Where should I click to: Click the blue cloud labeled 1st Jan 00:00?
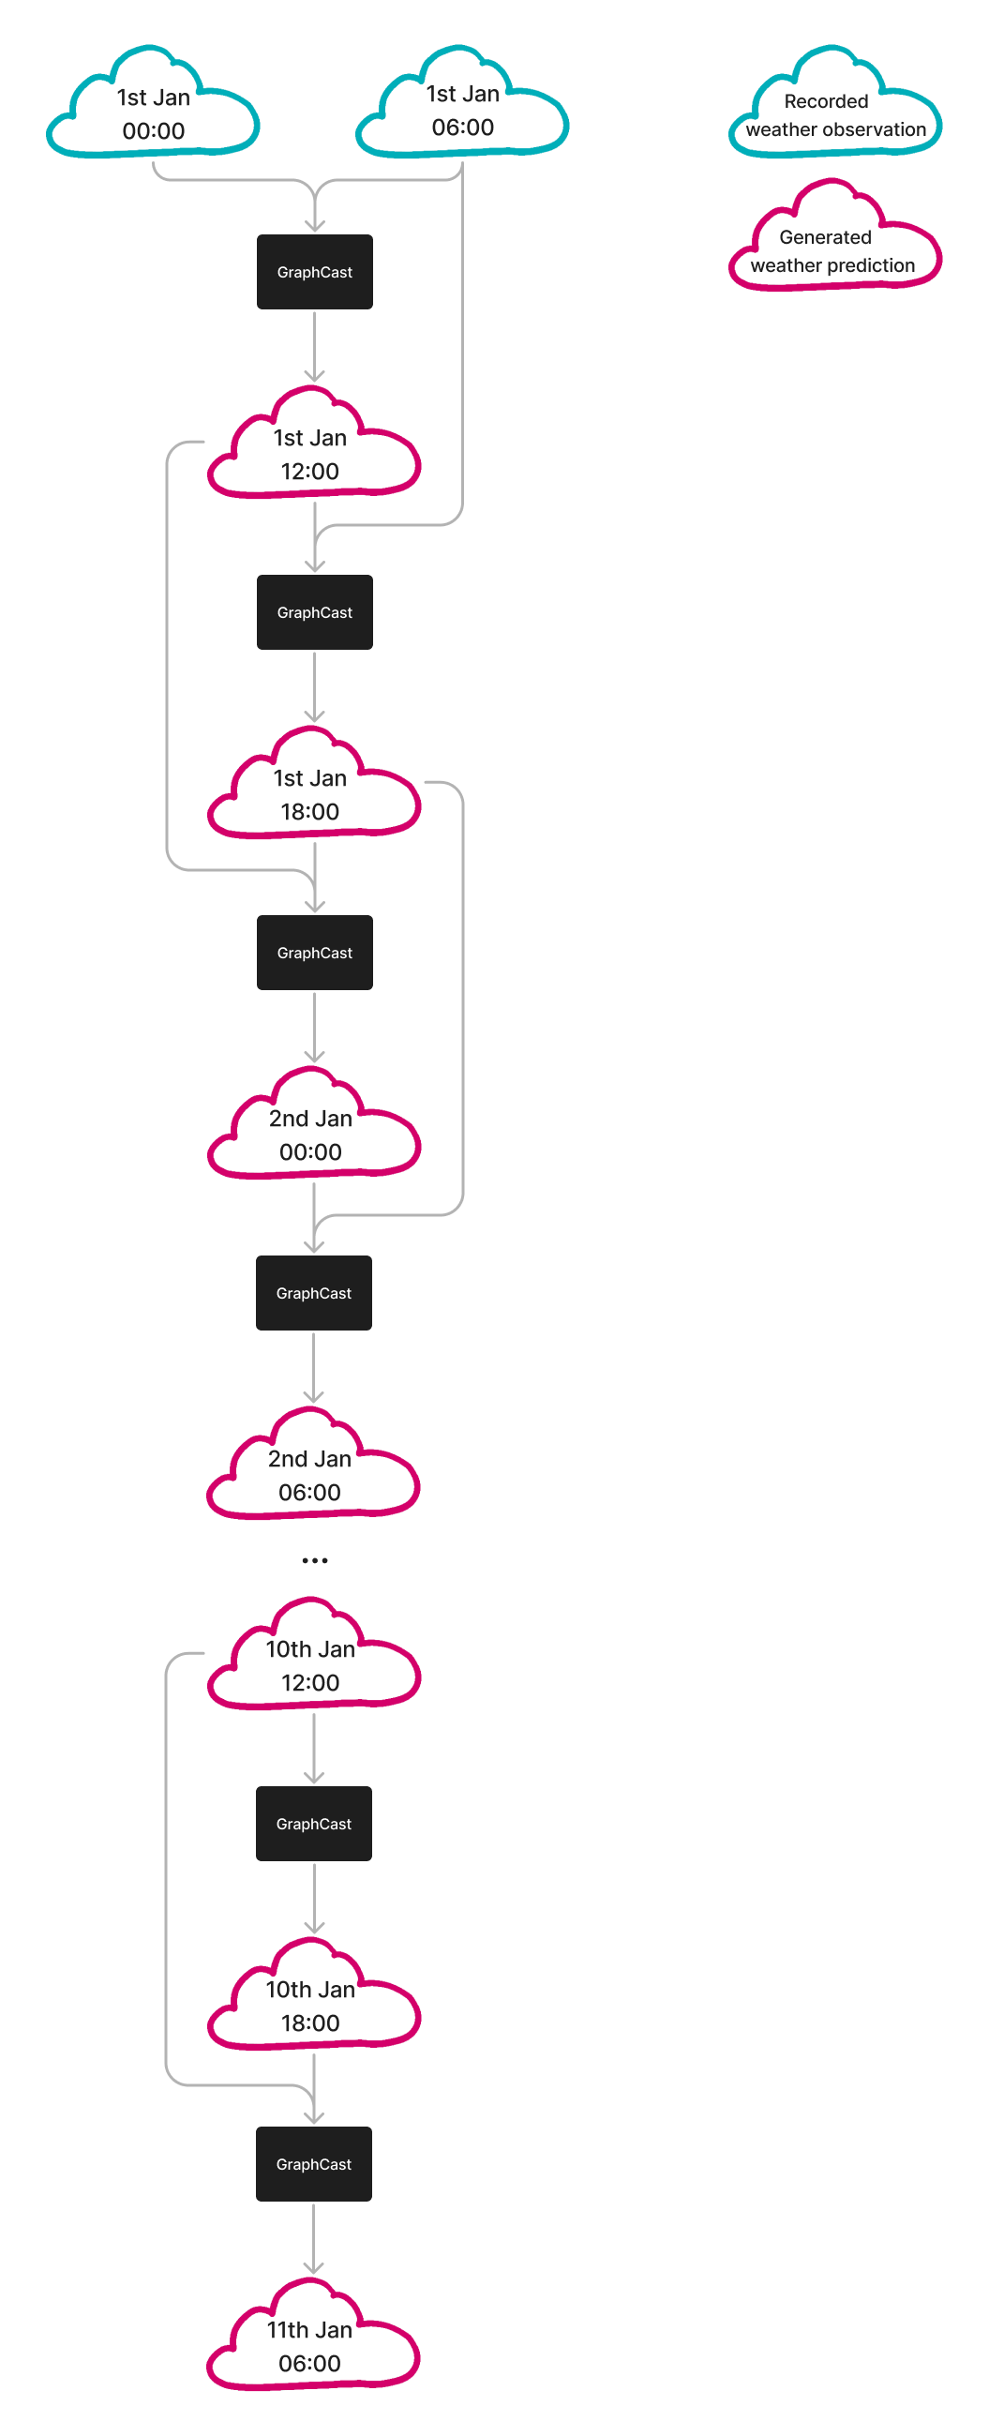click(x=153, y=114)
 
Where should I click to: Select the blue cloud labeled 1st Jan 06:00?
click(x=462, y=111)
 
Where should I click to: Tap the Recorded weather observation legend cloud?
click(x=835, y=115)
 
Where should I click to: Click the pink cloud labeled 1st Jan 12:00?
click(x=311, y=455)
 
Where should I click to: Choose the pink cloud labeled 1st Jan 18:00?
click(x=311, y=795)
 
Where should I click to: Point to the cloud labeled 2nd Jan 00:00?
click(x=311, y=1135)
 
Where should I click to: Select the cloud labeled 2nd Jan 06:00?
click(x=311, y=1476)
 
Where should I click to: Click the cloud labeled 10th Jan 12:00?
click(x=311, y=1666)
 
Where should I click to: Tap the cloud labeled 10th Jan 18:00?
click(x=311, y=2007)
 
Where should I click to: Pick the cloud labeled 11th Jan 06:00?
click(x=311, y=2347)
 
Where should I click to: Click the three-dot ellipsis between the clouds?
click(x=315, y=1560)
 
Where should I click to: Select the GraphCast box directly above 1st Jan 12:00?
click(x=315, y=271)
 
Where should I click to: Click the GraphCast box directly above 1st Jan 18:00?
click(x=315, y=612)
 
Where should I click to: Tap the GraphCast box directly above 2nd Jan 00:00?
click(x=315, y=953)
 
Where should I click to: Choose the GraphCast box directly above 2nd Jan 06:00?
click(x=314, y=1293)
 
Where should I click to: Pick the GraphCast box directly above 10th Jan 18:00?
click(x=314, y=1823)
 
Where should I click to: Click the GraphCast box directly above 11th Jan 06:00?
click(x=314, y=2164)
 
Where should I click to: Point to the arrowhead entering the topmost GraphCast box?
click(x=315, y=226)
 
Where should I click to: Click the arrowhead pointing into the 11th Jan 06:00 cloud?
click(x=314, y=2266)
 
